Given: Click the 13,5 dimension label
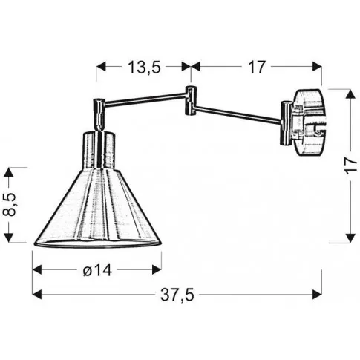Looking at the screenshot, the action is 144,67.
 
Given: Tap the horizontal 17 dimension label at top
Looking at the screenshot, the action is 257,67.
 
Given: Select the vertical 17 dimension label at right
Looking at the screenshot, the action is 352,165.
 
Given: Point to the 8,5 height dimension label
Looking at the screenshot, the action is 10,205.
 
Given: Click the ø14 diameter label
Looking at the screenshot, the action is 97,270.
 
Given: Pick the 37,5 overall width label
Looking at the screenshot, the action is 177,295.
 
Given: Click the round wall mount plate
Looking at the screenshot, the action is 310,123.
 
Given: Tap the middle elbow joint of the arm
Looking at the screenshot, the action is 191,100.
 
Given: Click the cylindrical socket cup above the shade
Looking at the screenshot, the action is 99,150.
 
